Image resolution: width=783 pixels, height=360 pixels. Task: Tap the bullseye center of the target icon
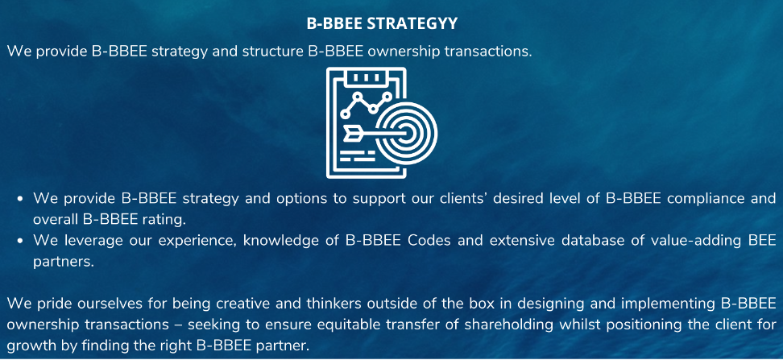click(x=408, y=132)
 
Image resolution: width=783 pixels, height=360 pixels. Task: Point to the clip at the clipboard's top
click(x=367, y=77)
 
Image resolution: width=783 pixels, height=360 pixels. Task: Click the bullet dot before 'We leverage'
click(x=20, y=241)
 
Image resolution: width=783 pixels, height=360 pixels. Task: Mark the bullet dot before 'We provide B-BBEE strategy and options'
click(x=20, y=199)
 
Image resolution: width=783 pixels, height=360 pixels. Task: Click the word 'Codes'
click(x=429, y=240)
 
